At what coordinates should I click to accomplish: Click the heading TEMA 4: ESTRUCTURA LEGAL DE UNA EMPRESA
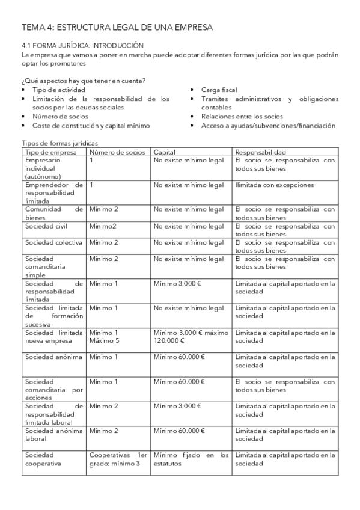click(x=117, y=27)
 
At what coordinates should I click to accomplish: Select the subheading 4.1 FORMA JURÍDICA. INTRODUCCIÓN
click(x=83, y=45)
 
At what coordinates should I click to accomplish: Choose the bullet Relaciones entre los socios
click(x=242, y=117)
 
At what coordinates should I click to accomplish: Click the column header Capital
click(x=164, y=152)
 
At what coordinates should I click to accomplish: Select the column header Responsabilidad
click(x=260, y=152)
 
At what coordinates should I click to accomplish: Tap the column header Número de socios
click(x=117, y=152)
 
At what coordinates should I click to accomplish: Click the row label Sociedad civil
click(x=46, y=226)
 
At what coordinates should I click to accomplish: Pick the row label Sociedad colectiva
click(x=50, y=242)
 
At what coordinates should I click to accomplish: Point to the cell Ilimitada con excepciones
click(x=274, y=185)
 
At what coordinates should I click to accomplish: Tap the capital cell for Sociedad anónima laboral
click(x=179, y=431)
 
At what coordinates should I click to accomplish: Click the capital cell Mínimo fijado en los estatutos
click(x=191, y=459)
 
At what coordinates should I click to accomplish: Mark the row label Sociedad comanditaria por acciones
click(x=53, y=390)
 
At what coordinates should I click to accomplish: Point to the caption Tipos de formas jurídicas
click(x=59, y=144)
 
